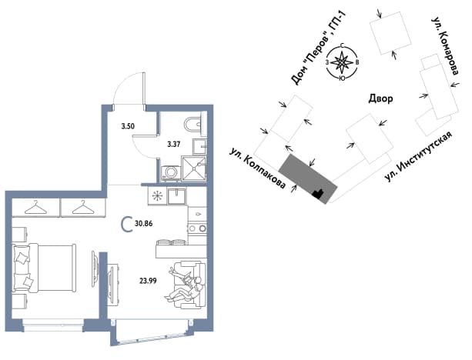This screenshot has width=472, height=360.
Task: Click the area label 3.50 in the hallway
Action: click(128, 126)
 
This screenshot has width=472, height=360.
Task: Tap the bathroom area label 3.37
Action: click(174, 145)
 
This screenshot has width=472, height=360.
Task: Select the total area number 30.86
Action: click(144, 224)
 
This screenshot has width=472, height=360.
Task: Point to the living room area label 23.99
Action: click(148, 281)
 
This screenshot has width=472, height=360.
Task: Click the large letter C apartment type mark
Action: click(127, 225)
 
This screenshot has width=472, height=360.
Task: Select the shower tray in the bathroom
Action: click(194, 168)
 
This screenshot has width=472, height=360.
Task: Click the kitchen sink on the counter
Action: click(177, 196)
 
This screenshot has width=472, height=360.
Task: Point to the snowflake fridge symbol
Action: click(157, 196)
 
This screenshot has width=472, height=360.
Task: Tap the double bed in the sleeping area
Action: click(44, 268)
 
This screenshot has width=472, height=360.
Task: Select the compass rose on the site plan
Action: click(343, 62)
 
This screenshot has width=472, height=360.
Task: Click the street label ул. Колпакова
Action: click(256, 168)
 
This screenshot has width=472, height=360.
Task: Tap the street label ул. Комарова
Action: click(445, 45)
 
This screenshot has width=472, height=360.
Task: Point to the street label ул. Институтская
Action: click(418, 156)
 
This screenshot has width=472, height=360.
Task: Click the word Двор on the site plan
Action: click(381, 98)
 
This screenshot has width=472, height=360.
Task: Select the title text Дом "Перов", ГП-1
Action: click(319, 48)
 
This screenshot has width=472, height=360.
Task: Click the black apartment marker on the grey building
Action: click(317, 193)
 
